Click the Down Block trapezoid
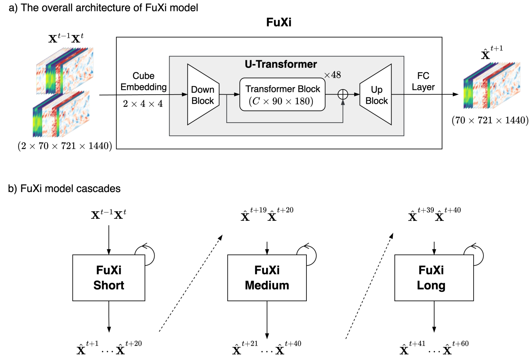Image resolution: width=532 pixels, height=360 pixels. point(202,95)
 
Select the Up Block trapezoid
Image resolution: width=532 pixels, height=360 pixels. point(376,95)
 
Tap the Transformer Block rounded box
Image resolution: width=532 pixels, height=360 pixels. point(282,95)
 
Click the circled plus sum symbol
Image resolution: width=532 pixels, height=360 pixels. point(343,94)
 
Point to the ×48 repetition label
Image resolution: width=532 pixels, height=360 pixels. point(332,75)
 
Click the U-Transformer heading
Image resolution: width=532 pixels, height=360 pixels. point(280,64)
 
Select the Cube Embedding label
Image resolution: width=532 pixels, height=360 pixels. point(144,81)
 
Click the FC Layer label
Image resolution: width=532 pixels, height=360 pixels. point(423,81)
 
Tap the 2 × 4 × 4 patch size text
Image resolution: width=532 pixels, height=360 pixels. point(143,104)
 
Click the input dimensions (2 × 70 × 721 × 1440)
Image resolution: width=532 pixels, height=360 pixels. point(65,146)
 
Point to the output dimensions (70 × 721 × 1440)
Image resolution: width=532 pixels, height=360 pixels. point(490,121)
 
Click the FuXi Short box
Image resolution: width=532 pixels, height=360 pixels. point(108,278)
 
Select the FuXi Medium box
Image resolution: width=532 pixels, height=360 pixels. point(267,278)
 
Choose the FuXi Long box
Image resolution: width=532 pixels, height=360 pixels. point(434,278)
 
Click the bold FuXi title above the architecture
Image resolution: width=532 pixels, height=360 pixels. point(278,22)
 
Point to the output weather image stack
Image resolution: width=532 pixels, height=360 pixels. point(491,85)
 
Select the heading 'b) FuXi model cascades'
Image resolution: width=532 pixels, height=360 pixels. point(64,188)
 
